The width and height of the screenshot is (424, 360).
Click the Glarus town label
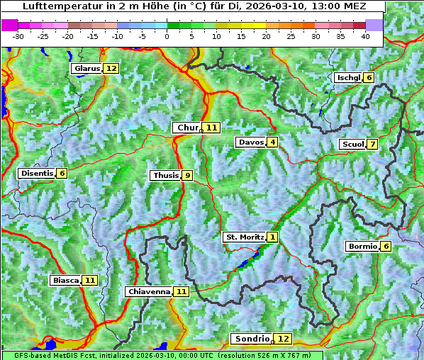[87, 69]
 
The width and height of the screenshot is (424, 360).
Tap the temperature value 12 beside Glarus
[111, 69]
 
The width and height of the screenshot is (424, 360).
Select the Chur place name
[188, 128]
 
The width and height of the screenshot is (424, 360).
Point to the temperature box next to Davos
[272, 142]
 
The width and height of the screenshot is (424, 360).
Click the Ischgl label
[348, 77]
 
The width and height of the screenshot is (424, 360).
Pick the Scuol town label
[352, 145]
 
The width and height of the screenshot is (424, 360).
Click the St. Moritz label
[244, 237]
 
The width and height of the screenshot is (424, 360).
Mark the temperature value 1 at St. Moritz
[273, 237]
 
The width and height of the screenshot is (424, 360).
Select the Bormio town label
[362, 247]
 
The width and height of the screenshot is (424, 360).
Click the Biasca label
[65, 281]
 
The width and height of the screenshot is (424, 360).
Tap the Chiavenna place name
[149, 291]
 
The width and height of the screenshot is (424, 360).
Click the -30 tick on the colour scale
[18, 36]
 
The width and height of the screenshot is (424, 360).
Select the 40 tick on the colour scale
[365, 36]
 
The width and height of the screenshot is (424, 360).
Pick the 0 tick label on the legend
[167, 36]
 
